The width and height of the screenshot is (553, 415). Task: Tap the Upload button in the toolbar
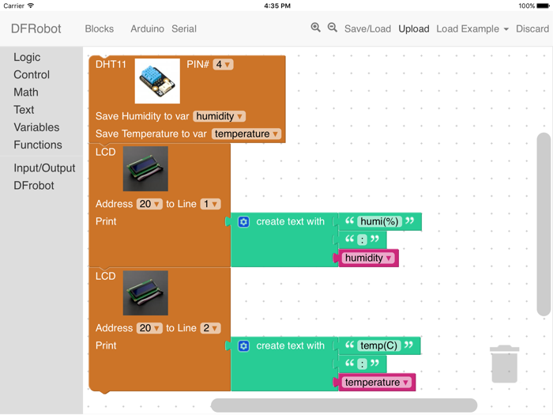coord(414,29)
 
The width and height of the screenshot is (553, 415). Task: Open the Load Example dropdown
coord(472,29)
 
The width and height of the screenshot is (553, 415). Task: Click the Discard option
coord(532,29)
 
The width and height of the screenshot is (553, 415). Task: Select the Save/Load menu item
coord(367,29)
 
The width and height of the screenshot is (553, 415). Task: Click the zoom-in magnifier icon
coord(316,28)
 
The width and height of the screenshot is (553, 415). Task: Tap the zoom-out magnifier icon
coord(333,28)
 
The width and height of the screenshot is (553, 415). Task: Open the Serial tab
coord(184,29)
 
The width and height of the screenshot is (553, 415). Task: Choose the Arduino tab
coord(147,29)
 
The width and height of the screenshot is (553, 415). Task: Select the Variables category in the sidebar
coord(36,127)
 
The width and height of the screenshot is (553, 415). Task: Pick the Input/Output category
coord(44,168)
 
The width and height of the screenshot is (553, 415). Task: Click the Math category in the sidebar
coord(26,92)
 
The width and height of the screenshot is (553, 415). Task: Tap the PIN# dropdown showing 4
coord(223,65)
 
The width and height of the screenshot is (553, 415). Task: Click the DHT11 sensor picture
coord(157,81)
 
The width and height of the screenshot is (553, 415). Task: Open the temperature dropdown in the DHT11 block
coord(246,134)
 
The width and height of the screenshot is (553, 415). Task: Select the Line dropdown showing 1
coord(210,204)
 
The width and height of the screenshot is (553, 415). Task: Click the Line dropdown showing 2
coord(210,328)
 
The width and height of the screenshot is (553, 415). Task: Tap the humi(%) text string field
coord(379,221)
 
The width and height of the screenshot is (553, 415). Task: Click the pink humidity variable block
coord(368,258)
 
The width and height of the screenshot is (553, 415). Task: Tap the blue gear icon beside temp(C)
coord(243,346)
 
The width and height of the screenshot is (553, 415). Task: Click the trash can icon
coord(504,364)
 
